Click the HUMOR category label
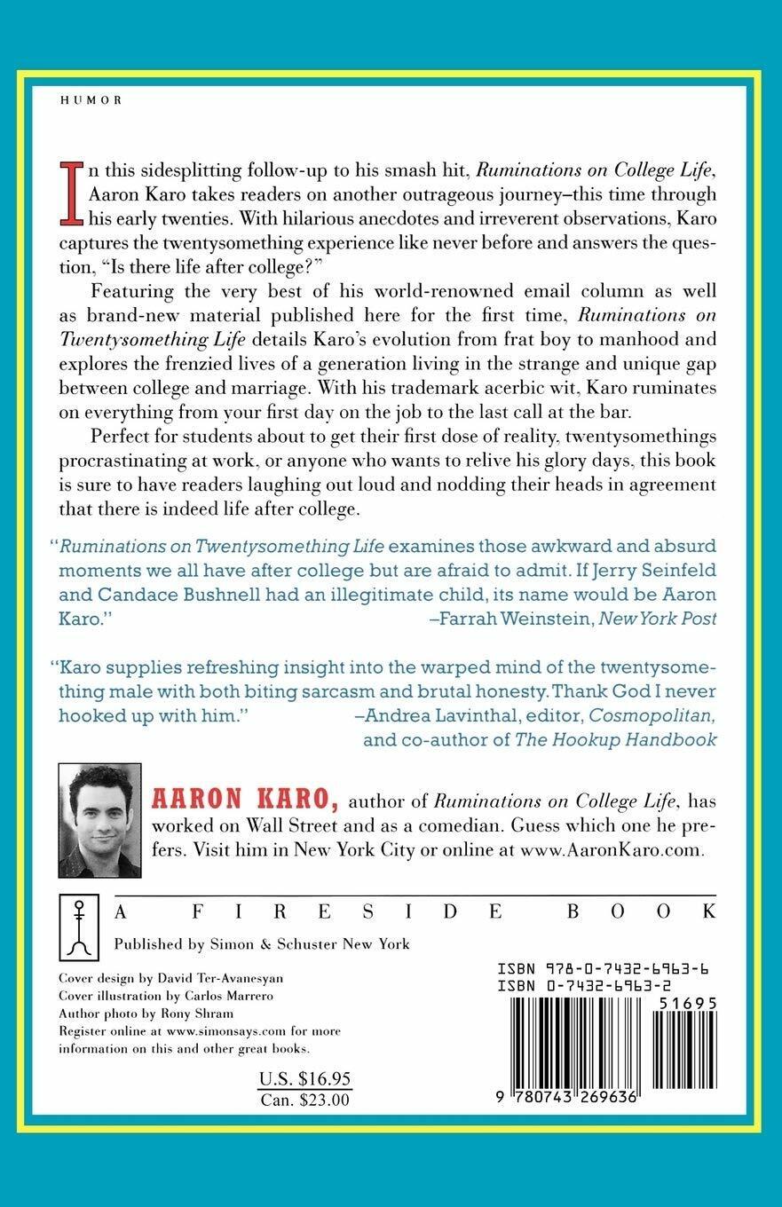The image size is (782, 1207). (91, 100)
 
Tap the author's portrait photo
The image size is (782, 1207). (99, 820)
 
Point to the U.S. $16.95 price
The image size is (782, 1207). (304, 1078)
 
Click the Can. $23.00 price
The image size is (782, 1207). (304, 1099)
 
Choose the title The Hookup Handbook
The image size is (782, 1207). (615, 739)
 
